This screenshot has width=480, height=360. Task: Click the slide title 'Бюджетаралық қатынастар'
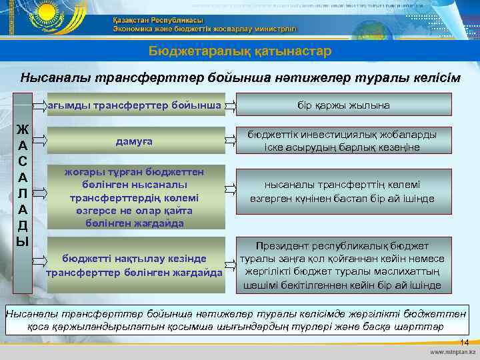(239, 51)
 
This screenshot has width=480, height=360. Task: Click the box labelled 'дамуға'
(134, 141)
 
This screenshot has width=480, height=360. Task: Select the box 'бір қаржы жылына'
(343, 105)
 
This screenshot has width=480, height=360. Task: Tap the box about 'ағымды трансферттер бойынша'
(136, 105)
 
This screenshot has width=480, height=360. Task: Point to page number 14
(464, 342)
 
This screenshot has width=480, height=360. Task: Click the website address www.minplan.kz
(451, 352)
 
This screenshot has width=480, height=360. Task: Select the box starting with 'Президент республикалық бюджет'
(343, 265)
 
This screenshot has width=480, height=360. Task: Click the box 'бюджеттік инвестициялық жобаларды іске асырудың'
(343, 141)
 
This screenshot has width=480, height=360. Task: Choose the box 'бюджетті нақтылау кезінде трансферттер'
(134, 265)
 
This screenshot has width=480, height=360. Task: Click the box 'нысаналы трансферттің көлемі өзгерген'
(343, 191)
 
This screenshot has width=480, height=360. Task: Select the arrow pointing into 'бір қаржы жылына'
(230, 105)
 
